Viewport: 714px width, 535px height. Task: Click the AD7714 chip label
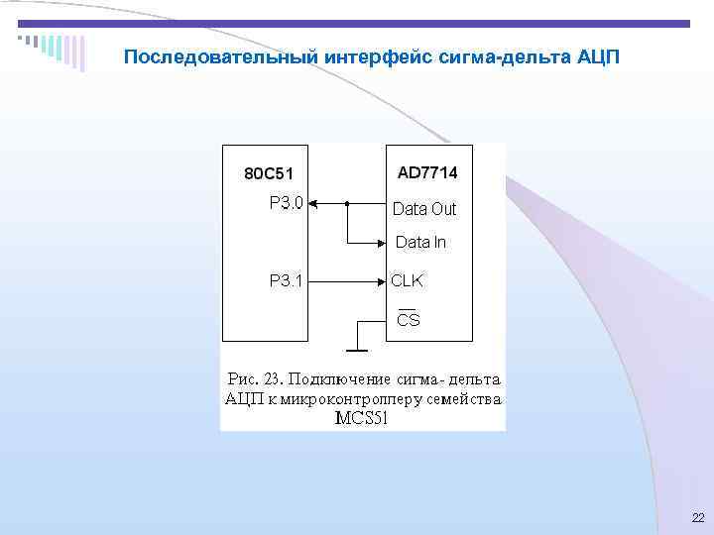coord(427,173)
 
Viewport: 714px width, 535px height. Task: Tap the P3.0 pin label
coord(287,203)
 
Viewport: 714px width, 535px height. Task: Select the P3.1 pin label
coord(287,280)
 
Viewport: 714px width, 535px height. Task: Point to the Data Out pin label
coord(424,209)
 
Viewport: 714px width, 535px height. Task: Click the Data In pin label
coord(420,242)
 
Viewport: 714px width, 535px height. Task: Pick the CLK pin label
coord(407,280)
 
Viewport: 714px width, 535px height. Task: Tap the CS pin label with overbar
coord(408,319)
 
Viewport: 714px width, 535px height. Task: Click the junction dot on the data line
coord(347,204)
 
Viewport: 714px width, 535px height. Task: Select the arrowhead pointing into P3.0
coord(314,204)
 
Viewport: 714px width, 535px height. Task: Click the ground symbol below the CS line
coord(355,349)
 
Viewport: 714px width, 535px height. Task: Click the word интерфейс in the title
coord(370,56)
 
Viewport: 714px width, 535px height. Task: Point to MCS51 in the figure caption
coord(361,418)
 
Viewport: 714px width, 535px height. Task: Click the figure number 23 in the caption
coord(275,379)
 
